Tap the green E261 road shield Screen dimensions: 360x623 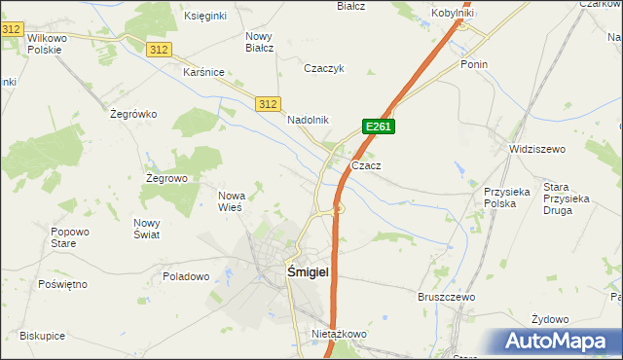(x=378, y=126)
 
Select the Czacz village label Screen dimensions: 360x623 (x=366, y=165)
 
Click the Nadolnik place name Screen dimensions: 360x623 (x=309, y=120)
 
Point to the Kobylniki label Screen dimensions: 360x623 (x=453, y=14)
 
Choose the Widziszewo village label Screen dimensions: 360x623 (x=537, y=149)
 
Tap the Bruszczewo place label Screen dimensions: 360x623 (x=445, y=297)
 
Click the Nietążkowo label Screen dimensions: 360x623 (x=338, y=334)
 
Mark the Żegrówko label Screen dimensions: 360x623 (x=133, y=114)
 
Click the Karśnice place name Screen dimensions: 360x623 (x=204, y=72)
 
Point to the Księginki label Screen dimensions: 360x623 (x=205, y=17)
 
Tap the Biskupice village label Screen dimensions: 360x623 (x=41, y=336)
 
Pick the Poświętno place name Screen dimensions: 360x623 (x=62, y=284)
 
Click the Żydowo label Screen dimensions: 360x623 (x=550, y=319)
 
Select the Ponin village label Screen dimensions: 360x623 (x=474, y=64)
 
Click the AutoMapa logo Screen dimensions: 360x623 (x=559, y=341)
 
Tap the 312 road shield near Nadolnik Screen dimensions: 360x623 (x=269, y=103)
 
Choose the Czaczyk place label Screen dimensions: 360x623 (x=325, y=69)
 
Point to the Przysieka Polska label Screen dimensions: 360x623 (x=507, y=198)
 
